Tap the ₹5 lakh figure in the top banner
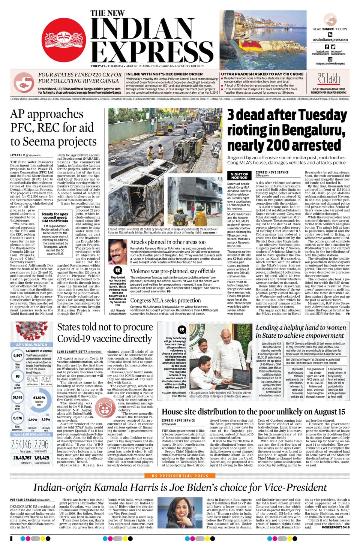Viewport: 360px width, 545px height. [x=328, y=79]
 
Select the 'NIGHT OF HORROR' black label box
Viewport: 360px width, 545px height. [x=239, y=176]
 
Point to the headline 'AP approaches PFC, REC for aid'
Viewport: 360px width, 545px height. [x=53, y=127]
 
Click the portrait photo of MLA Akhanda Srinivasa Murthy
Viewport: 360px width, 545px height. [x=118, y=252]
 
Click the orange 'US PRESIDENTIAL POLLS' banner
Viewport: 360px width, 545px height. [x=180, y=476]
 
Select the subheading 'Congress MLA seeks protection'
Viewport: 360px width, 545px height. [x=165, y=300]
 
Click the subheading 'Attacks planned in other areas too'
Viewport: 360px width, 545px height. [x=168, y=242]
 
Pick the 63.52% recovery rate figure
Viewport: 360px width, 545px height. [x=39, y=398]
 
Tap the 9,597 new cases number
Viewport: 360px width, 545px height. [x=18, y=356]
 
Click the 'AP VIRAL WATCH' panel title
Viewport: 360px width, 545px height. [x=32, y=344]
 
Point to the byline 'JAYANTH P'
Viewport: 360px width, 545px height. [x=17, y=155]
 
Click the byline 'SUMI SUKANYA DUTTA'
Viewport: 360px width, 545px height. [x=72, y=352]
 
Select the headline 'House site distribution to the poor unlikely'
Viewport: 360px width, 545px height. [x=253, y=412]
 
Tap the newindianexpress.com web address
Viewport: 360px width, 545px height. [x=330, y=39]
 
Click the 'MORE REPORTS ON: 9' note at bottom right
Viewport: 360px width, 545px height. [x=336, y=527]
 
